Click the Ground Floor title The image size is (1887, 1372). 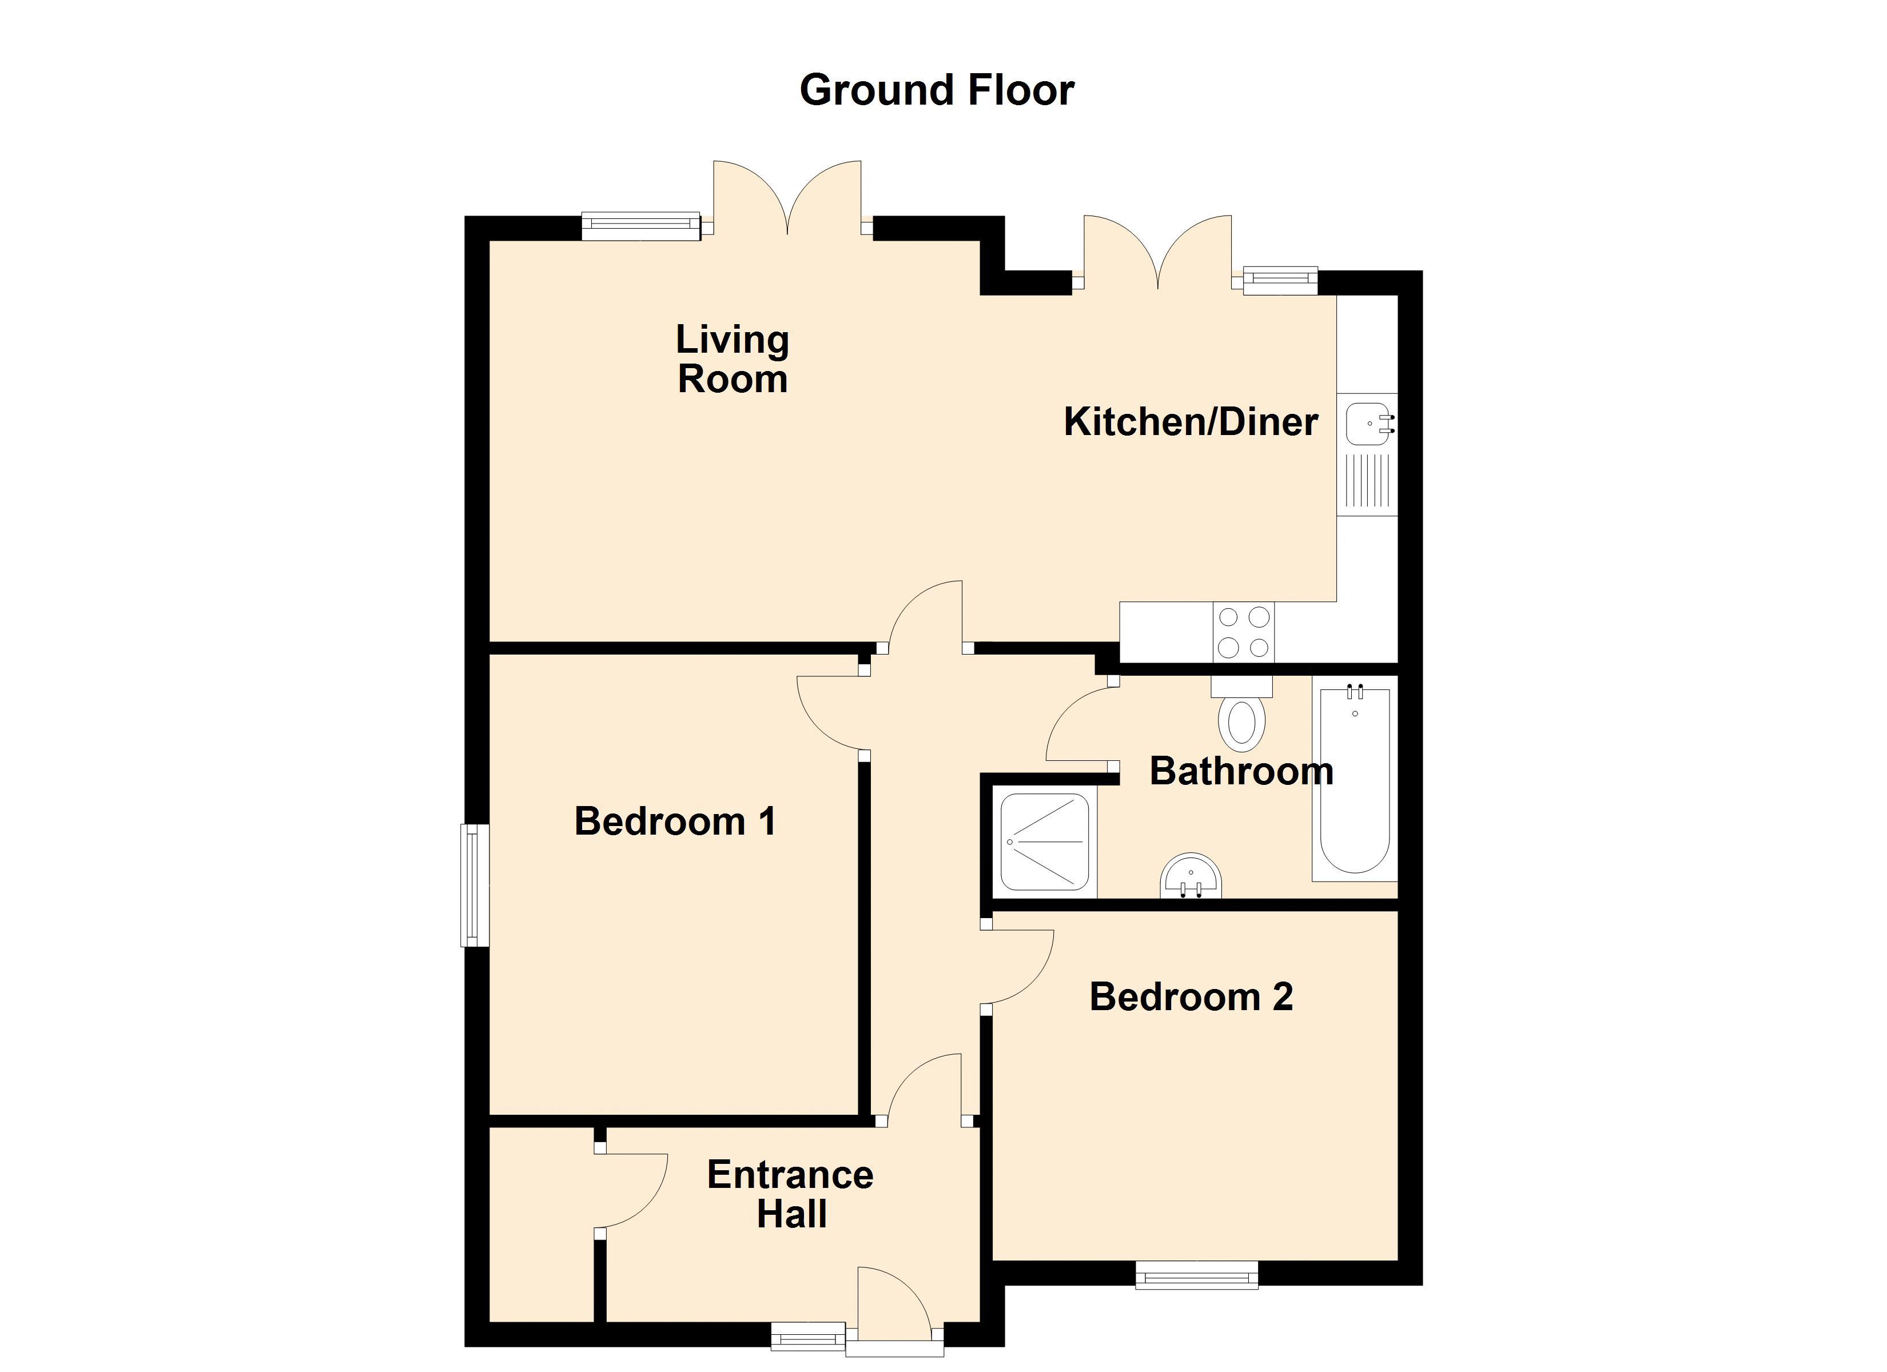[x=936, y=90]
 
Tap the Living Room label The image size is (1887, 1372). [x=731, y=360]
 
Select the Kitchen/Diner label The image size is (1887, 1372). [x=1190, y=422]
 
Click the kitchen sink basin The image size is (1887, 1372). [x=1367, y=424]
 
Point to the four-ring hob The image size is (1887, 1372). [x=1243, y=632]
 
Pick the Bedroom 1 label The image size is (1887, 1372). [x=675, y=822]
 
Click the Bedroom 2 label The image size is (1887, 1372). [x=1191, y=998]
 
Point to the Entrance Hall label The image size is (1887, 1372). [x=790, y=1195]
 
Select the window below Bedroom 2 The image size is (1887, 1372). [x=1196, y=1275]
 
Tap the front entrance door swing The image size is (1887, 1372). [x=894, y=1303]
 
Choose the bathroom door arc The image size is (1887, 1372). [x=1077, y=720]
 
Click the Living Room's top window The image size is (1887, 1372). [x=640, y=226]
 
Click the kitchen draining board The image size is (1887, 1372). [x=1367, y=482]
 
